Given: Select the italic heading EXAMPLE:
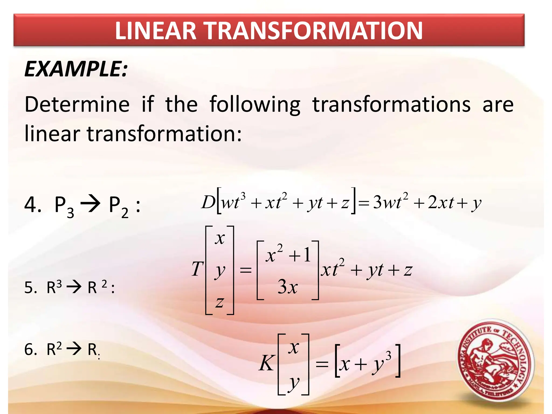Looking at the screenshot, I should (76, 69).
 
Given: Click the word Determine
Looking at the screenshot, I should (77, 105).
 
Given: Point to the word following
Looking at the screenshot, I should (255, 105).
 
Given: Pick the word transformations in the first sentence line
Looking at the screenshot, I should (391, 105).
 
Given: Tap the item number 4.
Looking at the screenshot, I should (32, 205).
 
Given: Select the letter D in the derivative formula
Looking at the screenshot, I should (208, 202).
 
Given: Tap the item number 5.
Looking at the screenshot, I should (30, 288).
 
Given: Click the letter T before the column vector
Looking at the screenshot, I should (197, 269).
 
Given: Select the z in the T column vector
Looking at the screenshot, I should (220, 302).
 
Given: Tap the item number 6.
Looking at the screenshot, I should (30, 350).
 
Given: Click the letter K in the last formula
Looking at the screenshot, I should (267, 363).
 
